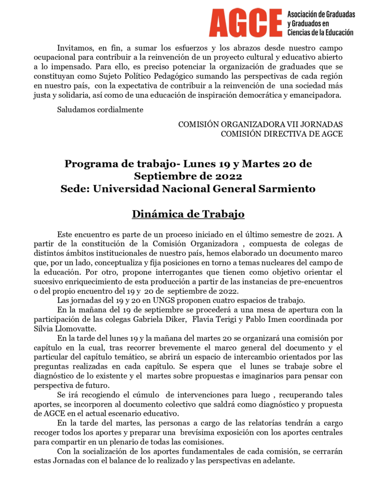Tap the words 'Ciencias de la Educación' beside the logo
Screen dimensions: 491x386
tap(320, 33)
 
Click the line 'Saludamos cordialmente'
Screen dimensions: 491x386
tap(100, 110)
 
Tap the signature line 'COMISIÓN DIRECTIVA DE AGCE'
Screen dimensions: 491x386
tap(282, 134)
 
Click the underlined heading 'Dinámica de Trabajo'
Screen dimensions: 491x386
tap(188, 214)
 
